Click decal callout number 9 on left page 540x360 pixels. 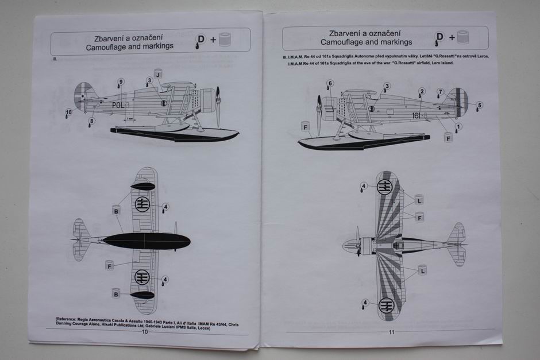(x=121, y=82)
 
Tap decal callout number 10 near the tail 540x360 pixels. (x=69, y=112)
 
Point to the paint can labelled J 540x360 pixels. (x=158, y=72)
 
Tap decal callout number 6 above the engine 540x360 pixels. (x=330, y=84)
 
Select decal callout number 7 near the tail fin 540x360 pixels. (x=441, y=92)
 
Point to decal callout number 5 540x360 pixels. (x=479, y=105)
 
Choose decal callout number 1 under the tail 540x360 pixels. (x=458, y=126)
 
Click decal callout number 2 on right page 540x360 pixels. (x=422, y=91)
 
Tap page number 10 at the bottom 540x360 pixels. (x=145, y=331)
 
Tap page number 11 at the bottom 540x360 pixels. (x=391, y=332)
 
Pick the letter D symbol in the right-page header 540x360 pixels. (x=440, y=37)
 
